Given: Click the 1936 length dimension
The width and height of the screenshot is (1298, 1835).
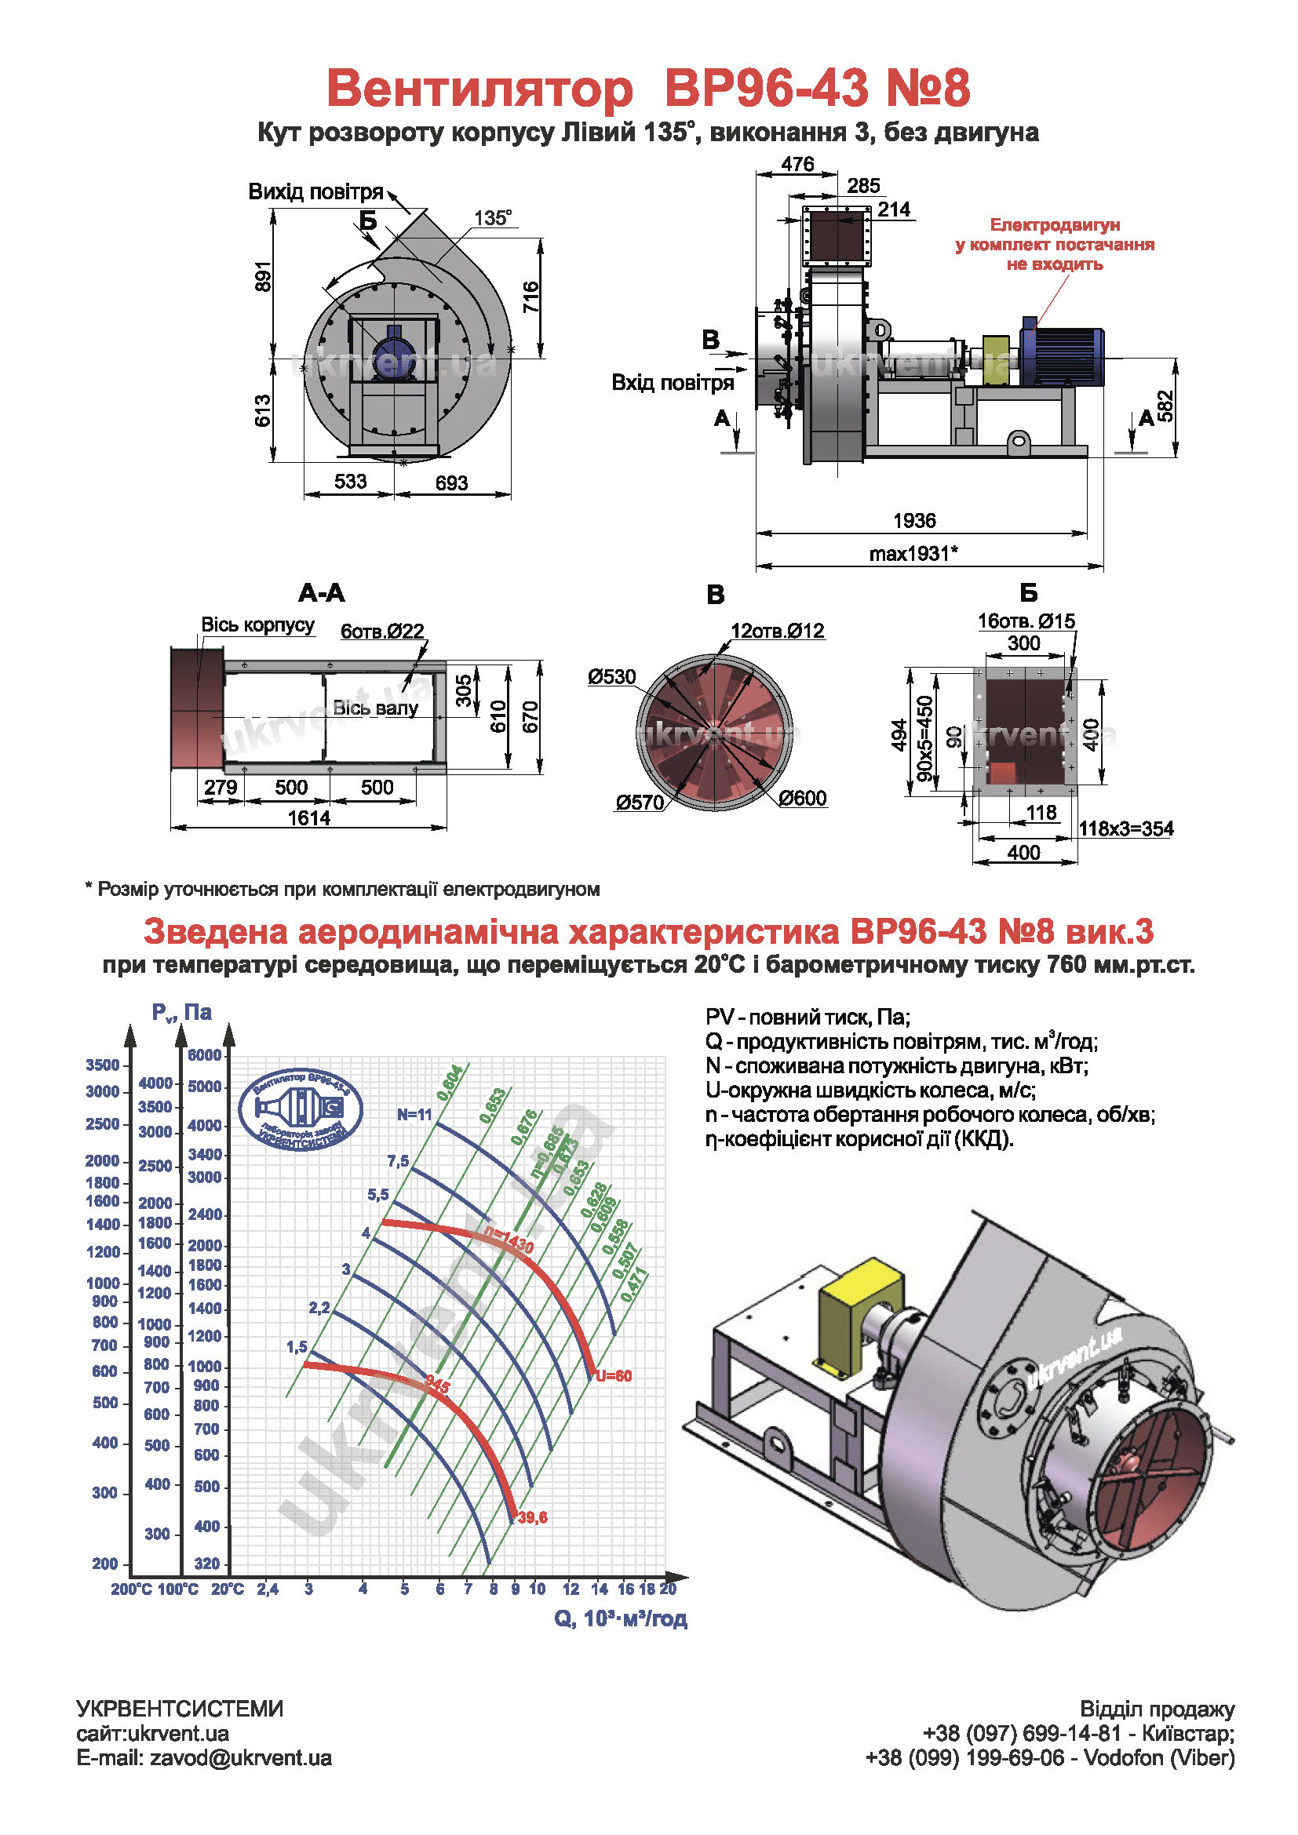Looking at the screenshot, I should (913, 521).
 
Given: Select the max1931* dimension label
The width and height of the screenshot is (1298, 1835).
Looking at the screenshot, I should (913, 553).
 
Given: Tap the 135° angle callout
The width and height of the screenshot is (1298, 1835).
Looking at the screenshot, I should (492, 218).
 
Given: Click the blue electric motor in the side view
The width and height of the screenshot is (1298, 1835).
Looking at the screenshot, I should (1063, 352).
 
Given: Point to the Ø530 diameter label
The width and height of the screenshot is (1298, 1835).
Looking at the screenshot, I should (611, 677).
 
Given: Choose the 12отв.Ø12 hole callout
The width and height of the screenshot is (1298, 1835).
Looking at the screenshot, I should (777, 631).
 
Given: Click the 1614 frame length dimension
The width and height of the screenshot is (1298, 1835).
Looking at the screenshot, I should (308, 817).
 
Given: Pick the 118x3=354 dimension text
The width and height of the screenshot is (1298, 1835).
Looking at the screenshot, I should (1125, 828).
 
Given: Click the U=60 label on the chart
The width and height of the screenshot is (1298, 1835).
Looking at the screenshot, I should (613, 1375).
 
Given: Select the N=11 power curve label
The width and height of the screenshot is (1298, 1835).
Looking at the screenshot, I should (414, 1114).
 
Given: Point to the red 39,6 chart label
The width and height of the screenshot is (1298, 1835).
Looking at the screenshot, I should (532, 1517).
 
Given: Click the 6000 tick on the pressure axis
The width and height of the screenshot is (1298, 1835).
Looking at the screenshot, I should (205, 1055).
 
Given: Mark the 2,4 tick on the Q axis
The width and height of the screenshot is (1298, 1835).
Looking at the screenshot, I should (267, 1589).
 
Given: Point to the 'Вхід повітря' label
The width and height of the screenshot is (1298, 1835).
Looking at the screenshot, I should (673, 383).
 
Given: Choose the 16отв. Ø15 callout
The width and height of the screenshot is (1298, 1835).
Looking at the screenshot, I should (1026, 621).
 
